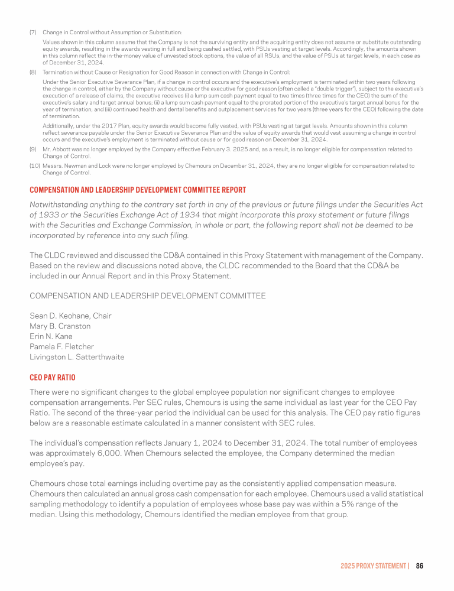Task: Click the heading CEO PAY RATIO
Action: (53, 377)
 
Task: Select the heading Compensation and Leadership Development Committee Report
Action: (138, 190)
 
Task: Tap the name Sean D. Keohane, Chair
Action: (70, 316)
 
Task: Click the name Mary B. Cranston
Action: (60, 326)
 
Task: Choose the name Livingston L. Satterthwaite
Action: (77, 356)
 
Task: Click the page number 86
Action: (420, 566)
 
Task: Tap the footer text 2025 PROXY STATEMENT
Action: (374, 566)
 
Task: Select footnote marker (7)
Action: (33, 32)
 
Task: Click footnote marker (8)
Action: (33, 72)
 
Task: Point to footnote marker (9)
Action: (33, 150)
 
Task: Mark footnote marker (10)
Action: (34, 166)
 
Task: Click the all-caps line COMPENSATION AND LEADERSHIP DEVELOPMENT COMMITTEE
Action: (148, 295)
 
